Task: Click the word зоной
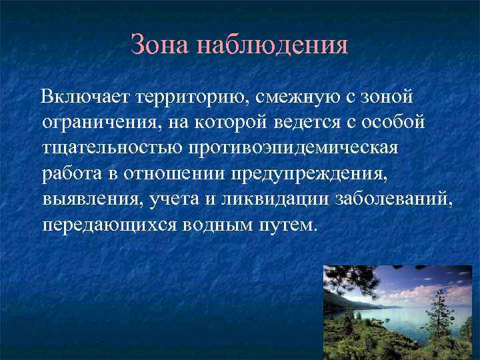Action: pyautogui.click(x=387, y=98)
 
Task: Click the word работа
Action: pyautogui.click(x=71, y=173)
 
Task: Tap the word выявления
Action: pyautogui.click(x=83, y=198)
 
